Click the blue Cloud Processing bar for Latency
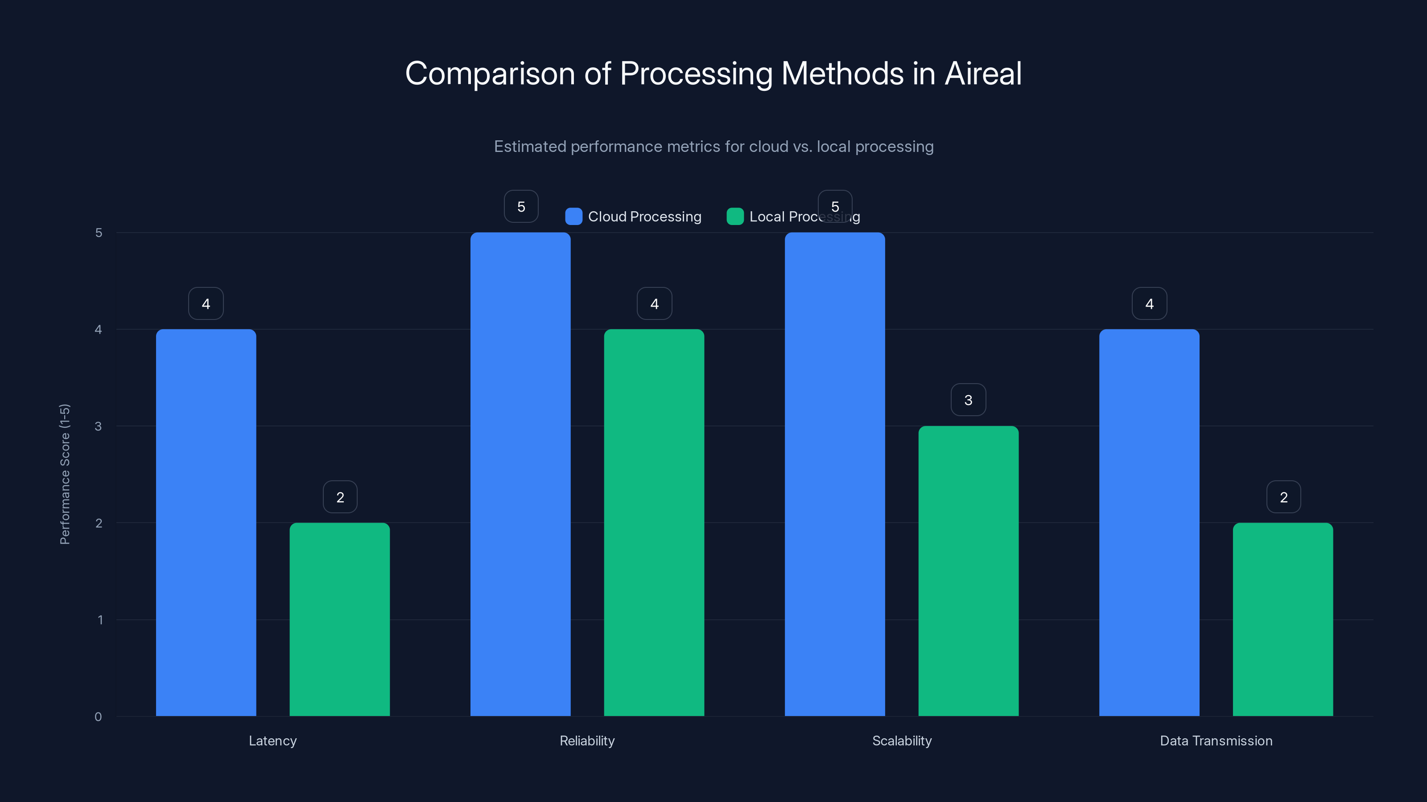[x=206, y=523]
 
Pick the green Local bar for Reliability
[x=654, y=523]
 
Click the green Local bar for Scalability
[x=968, y=571]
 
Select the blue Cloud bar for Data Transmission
[x=1149, y=523]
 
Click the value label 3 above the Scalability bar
[x=968, y=400]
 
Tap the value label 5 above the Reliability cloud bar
[x=521, y=206]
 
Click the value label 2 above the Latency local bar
[x=340, y=497]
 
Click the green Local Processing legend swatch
[x=735, y=217]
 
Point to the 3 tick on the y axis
[x=99, y=426]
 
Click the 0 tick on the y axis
[x=99, y=717]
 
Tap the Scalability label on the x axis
[x=902, y=741]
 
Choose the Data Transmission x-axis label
[x=1216, y=741]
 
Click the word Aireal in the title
[x=983, y=74]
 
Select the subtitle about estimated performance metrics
[x=713, y=147]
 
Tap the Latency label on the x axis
[x=272, y=741]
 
